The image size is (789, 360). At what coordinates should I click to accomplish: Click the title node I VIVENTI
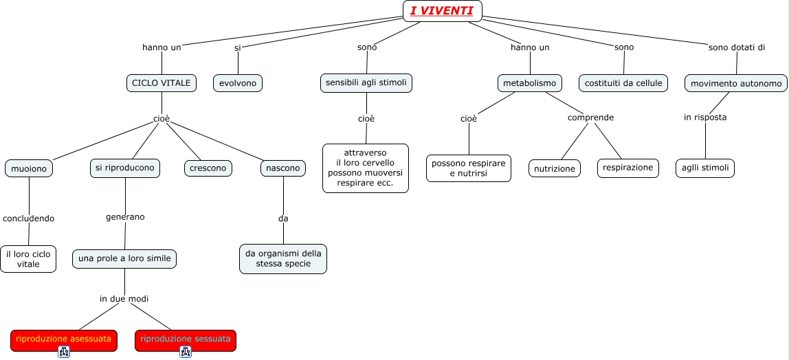coord(442,10)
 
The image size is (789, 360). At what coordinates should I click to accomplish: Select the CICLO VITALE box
coord(161,83)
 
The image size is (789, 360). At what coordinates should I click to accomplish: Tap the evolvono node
coord(238,83)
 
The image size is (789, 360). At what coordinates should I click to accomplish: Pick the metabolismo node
coord(529,83)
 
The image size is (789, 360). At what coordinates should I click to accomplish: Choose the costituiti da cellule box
coord(623,83)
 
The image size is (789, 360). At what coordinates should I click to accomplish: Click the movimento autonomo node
coord(736,84)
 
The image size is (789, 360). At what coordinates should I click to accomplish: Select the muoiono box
coord(29,168)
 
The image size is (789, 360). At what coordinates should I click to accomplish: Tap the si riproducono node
coord(126,168)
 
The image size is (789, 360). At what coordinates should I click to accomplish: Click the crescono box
coord(208,168)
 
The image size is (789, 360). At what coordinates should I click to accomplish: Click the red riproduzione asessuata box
coord(64,339)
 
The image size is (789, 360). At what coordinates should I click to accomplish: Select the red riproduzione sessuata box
coord(186,339)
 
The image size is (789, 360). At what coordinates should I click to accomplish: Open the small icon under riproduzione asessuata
coord(64,352)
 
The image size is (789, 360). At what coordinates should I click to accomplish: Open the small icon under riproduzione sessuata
coord(186,352)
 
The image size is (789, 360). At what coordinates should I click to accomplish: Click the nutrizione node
coord(555,168)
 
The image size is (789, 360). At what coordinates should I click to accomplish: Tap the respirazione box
coord(628,168)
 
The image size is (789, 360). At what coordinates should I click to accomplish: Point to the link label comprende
coord(590,117)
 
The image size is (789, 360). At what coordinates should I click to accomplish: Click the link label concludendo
coord(29,218)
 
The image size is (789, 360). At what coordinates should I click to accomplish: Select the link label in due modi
coord(124,299)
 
